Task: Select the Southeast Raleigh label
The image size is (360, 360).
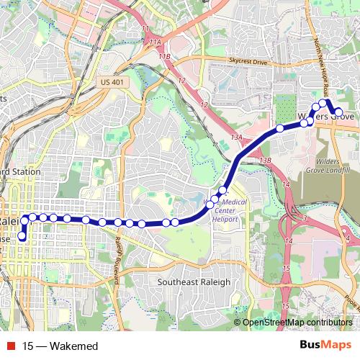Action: click(194, 282)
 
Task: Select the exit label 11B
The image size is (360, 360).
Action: click(166, 56)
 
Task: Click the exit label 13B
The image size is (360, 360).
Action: click(265, 160)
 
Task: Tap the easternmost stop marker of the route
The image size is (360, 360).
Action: click(338, 112)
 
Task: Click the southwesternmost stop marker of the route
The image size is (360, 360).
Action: click(22, 236)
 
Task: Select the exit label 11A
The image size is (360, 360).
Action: click(156, 44)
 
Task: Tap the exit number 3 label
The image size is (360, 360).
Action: click(305, 217)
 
